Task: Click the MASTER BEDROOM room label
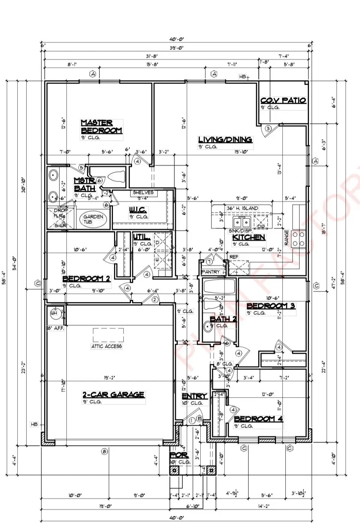101,127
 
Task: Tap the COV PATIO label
283,100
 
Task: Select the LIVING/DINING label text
225,140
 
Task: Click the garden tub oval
93,219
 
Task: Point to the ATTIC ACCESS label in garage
106,346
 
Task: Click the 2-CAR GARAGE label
113,395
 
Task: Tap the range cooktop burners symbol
299,239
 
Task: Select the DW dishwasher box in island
261,225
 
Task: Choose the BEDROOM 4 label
258,419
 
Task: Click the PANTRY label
210,272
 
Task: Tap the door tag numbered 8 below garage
105,452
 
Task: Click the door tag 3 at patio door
268,129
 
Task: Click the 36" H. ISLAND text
242,208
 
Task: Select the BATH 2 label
223,319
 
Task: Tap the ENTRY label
194,396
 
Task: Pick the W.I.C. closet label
138,209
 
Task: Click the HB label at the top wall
243,77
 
